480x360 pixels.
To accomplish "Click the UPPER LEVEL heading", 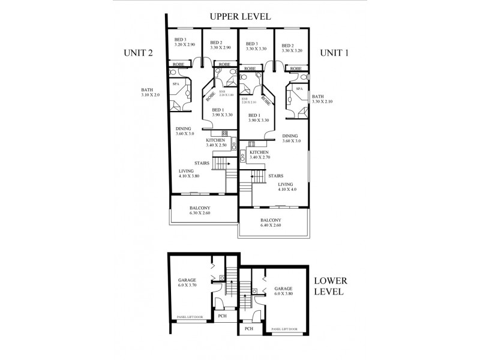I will pos(240,16).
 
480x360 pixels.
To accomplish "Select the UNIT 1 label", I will pos(334,53).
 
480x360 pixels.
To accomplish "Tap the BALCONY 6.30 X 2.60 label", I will pos(195,210).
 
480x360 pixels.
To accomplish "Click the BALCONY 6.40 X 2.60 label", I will pos(271,223).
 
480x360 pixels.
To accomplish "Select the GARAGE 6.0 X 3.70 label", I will pos(187,283).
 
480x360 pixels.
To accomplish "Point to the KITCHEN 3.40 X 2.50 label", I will pos(215,143).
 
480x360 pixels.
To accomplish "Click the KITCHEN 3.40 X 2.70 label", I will pos(259,156).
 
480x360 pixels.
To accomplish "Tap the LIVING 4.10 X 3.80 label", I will pos(188,173).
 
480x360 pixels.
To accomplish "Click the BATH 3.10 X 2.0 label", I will pos(151,92).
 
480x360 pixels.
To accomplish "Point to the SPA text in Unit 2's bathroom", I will pos(176,84).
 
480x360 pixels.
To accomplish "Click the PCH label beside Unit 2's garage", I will pos(222,316).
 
